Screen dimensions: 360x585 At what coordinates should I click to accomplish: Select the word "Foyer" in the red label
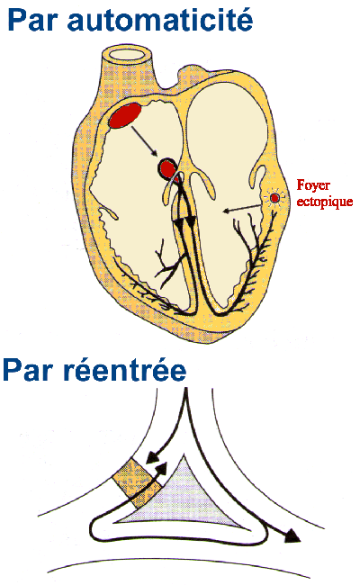pos(313,185)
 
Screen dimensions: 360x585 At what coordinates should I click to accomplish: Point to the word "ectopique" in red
pos(325,202)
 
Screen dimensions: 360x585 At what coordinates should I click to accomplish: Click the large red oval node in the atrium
pos(125,115)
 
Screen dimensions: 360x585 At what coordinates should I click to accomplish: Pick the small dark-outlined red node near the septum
pos(167,168)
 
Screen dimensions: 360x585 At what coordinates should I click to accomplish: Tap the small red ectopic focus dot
pos(274,198)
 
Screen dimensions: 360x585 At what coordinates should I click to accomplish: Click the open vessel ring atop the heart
pos(127,55)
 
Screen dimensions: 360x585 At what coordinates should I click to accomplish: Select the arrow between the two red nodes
pos(144,141)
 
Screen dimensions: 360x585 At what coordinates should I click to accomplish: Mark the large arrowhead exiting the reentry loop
pos(292,536)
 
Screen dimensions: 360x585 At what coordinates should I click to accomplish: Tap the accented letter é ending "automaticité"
pos(244,19)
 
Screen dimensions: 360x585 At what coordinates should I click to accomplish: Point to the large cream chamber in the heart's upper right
pos(227,122)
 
